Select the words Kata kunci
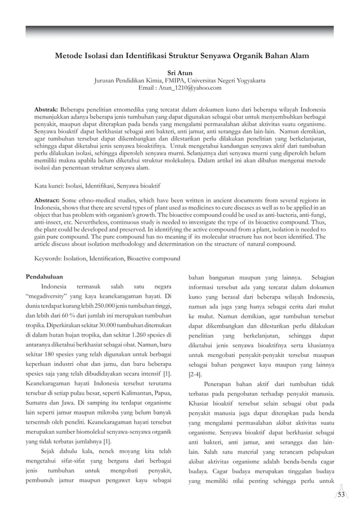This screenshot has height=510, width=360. [51, 185]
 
